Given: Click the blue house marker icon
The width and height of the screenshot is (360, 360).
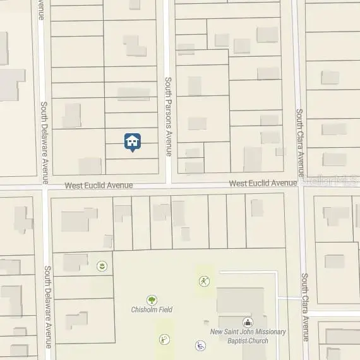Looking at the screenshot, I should (x=132, y=142).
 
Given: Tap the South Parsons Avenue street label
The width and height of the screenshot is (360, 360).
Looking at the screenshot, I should (x=168, y=116).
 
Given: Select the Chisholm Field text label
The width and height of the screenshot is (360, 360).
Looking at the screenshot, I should (x=152, y=309).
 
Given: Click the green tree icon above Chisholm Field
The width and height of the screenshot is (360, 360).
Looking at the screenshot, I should (x=152, y=299).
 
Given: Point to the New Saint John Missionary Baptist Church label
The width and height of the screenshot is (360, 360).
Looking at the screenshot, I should (x=248, y=336).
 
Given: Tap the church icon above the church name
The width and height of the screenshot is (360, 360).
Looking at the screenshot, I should (x=247, y=322).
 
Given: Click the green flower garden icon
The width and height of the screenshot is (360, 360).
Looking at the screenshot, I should (x=101, y=267).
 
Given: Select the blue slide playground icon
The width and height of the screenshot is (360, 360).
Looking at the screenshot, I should (x=200, y=345).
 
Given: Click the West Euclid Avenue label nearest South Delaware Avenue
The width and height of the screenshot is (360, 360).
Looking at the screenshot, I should (x=99, y=185).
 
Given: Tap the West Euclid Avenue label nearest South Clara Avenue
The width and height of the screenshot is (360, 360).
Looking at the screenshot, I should (x=263, y=183).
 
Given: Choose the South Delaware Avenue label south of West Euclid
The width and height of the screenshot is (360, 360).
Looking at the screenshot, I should (x=47, y=306).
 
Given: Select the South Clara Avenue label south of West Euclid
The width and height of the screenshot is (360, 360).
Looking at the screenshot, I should (x=304, y=306).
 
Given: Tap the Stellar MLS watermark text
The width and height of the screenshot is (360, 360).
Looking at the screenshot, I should (x=330, y=180).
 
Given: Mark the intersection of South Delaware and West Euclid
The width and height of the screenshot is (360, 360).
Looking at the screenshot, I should (x=45, y=188).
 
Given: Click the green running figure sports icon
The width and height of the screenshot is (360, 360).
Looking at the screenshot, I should (x=203, y=281).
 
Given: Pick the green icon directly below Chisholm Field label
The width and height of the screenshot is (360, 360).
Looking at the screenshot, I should (x=164, y=339).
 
